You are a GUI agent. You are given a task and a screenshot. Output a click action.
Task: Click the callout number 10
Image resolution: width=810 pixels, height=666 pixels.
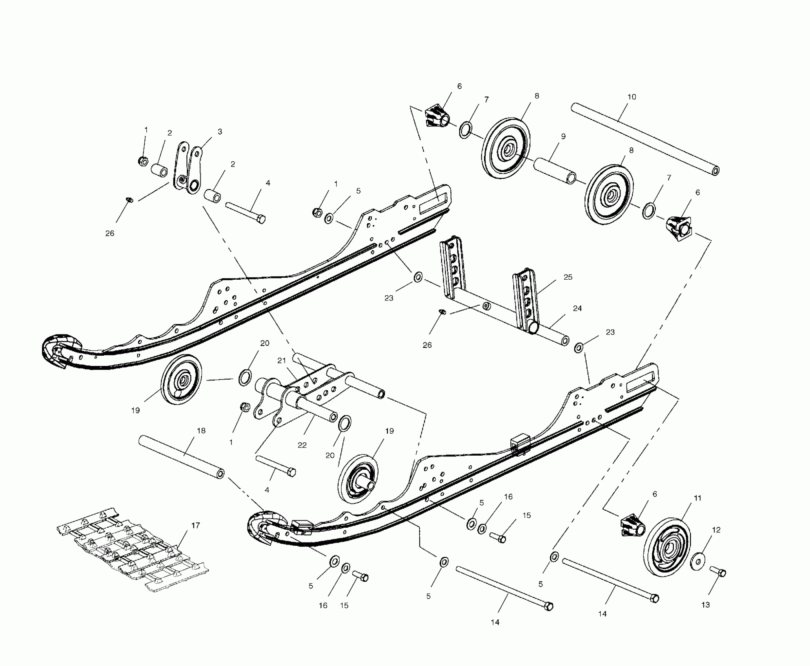pyautogui.click(x=632, y=97)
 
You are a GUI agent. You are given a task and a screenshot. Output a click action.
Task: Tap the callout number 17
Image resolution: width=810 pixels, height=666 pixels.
pyautogui.click(x=195, y=525)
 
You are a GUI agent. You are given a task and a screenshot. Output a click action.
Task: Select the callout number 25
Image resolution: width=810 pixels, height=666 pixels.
pyautogui.click(x=568, y=277)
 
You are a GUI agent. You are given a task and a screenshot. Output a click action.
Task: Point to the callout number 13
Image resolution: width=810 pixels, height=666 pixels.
pyautogui.click(x=705, y=605)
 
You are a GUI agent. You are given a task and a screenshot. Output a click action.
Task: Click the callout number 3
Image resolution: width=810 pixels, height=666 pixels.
pyautogui.click(x=220, y=132)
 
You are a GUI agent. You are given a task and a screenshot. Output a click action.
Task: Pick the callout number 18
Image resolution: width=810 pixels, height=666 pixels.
pyautogui.click(x=201, y=431)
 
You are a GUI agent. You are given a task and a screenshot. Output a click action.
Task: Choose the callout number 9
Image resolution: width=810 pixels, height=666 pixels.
pyautogui.click(x=563, y=136)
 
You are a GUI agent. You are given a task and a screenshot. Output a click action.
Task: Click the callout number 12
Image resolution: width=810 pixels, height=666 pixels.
pyautogui.click(x=716, y=530)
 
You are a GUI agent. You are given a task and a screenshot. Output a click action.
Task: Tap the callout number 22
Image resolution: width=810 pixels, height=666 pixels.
pyautogui.click(x=302, y=445)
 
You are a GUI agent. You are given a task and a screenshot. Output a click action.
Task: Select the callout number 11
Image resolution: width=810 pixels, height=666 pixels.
pyautogui.click(x=697, y=498)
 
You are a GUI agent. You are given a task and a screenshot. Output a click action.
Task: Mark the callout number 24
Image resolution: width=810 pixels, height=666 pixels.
pyautogui.click(x=577, y=308)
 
